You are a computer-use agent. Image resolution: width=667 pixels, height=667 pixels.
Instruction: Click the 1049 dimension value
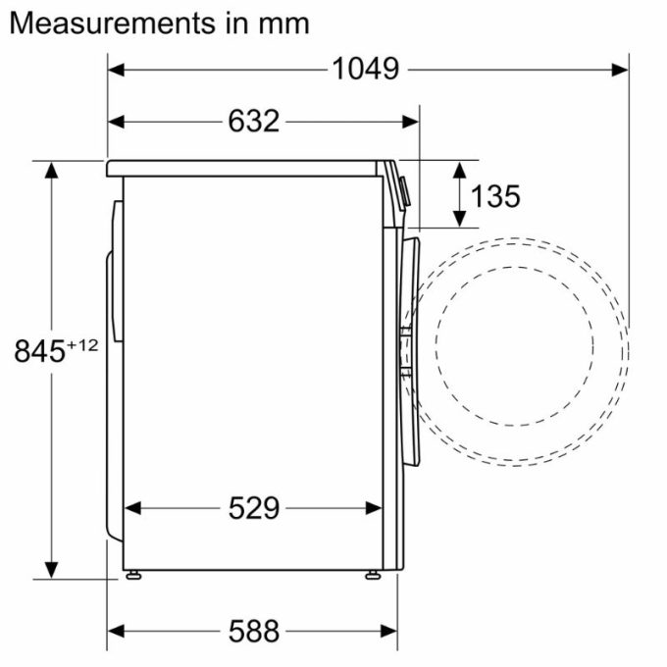pyautogui.click(x=366, y=69)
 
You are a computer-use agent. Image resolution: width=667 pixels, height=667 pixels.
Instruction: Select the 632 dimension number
pyautogui.click(x=253, y=121)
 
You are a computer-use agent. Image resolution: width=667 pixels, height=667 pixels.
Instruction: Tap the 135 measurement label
pyautogui.click(x=494, y=196)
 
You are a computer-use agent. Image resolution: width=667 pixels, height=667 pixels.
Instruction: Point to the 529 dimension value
pyautogui.click(x=253, y=507)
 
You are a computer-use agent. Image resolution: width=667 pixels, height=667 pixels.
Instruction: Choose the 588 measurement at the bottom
pyautogui.click(x=253, y=629)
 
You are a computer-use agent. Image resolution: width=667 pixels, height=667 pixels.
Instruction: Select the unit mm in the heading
pyautogui.click(x=283, y=23)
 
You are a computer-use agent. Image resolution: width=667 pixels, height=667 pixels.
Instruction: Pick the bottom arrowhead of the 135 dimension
pyautogui.click(x=458, y=218)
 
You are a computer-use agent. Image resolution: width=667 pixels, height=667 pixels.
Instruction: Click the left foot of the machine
pyautogui.click(x=130, y=573)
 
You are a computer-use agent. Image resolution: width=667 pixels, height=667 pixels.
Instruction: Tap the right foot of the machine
pyautogui.click(x=374, y=573)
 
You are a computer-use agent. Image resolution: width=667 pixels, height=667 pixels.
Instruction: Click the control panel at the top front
pyautogui.click(x=403, y=187)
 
